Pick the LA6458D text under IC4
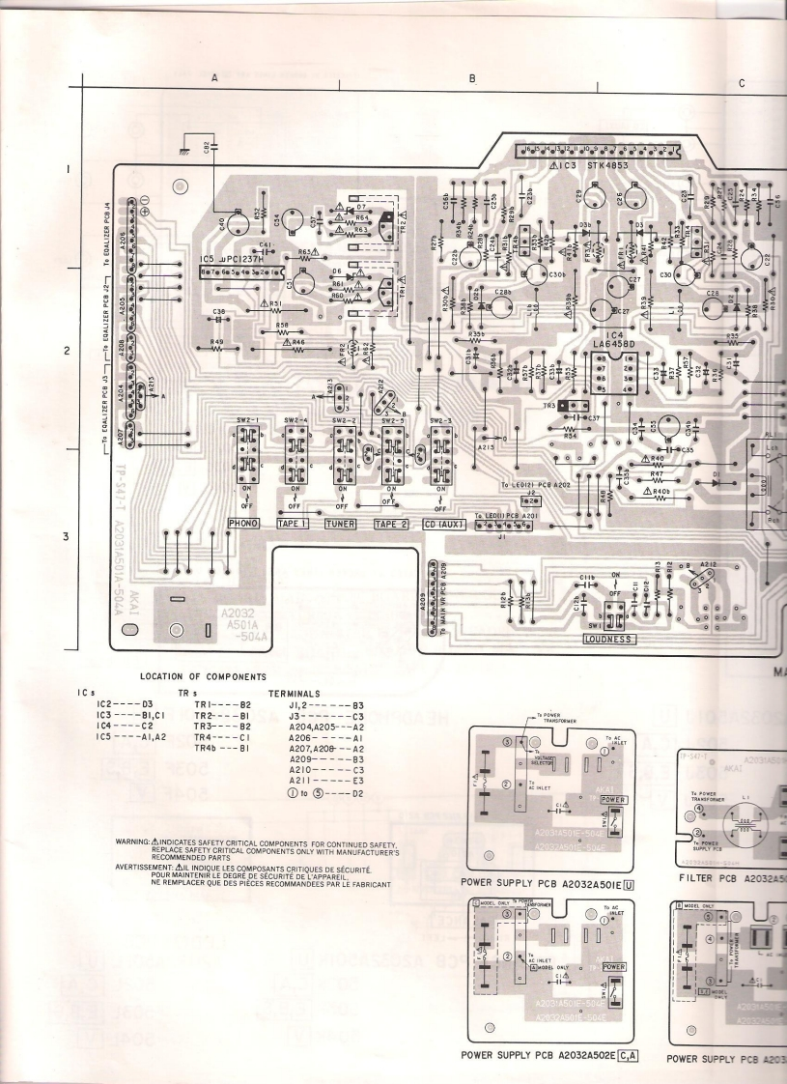(618, 344)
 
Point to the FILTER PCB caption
(710, 877)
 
